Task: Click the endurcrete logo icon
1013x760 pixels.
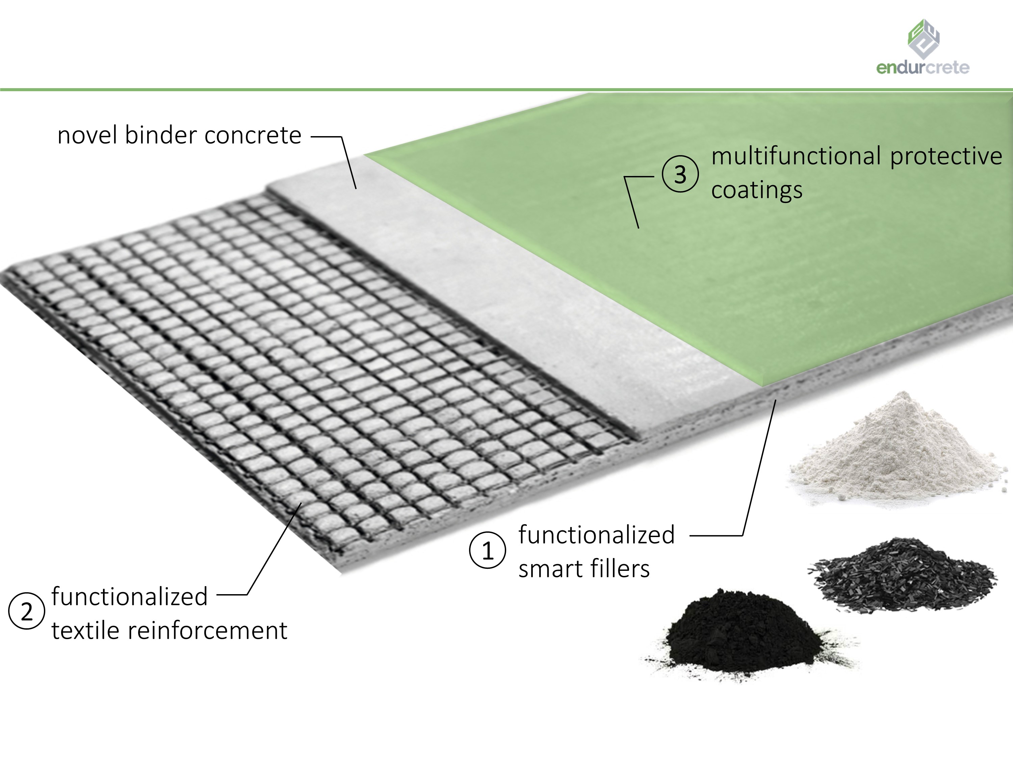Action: click(x=923, y=39)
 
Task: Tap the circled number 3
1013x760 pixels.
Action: click(x=680, y=174)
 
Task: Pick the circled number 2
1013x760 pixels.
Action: click(x=27, y=611)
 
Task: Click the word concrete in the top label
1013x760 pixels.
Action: click(x=253, y=135)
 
